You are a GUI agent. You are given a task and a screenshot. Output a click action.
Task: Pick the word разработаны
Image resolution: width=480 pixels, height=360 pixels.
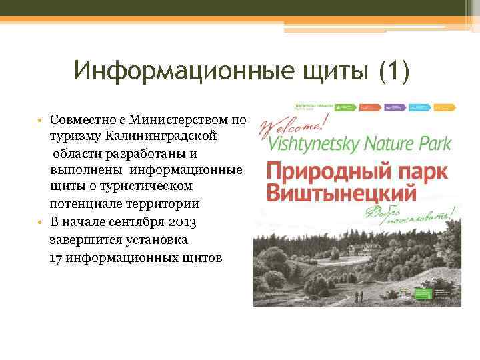138,154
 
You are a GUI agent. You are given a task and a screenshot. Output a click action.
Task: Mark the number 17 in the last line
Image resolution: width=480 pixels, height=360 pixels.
57,256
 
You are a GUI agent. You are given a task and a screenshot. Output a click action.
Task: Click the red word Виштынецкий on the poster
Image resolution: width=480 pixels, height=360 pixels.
341,193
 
